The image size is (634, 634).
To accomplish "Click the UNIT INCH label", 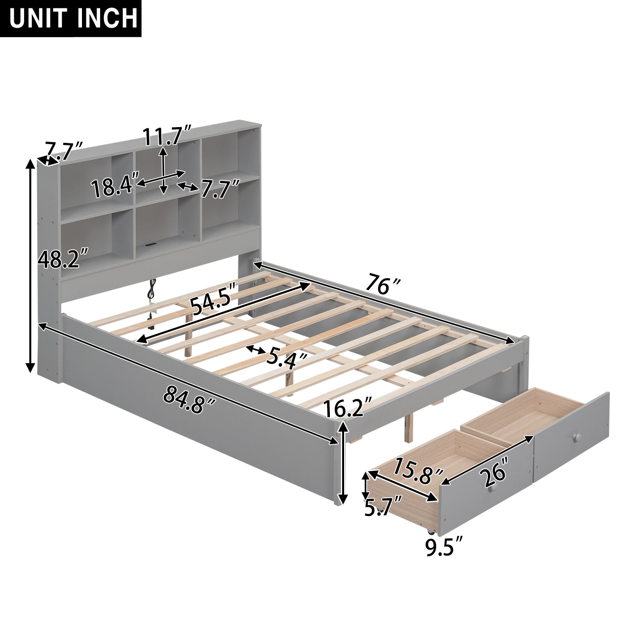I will click(x=70, y=18).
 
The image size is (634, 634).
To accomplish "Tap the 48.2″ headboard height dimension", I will click(x=63, y=260).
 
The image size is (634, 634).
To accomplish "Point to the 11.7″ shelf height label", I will click(x=168, y=137).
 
